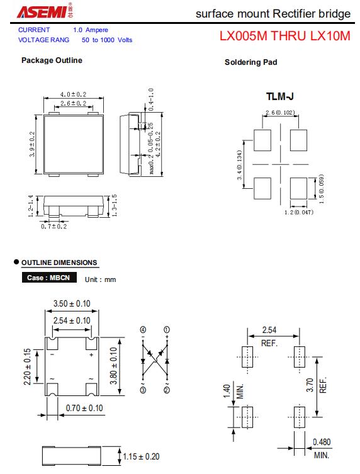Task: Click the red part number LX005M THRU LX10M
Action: coord(284,36)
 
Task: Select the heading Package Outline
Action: coord(52,60)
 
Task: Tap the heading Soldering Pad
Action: coord(251,62)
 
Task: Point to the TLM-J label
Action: coord(280,96)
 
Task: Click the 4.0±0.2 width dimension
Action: coord(73,94)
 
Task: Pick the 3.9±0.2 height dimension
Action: coord(32,144)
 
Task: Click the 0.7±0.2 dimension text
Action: coord(54,226)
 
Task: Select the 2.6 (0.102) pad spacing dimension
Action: coord(280,113)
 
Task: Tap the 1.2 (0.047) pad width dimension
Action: coord(299,212)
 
